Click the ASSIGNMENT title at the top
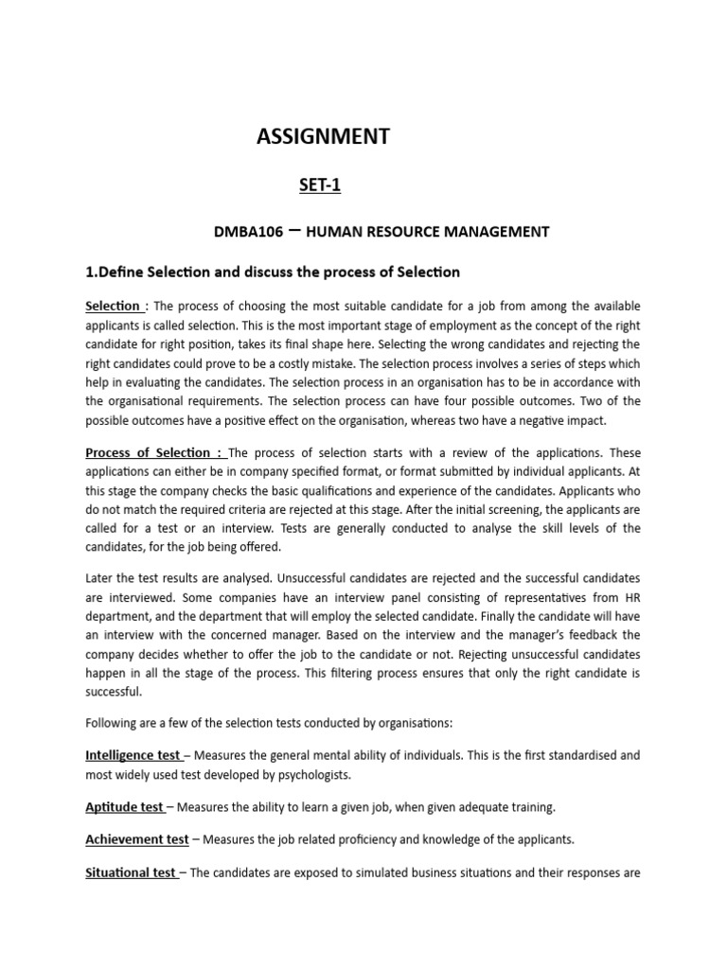[x=323, y=136]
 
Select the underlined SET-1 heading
[x=320, y=185]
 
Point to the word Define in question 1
[x=128, y=273]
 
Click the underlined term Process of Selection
[x=152, y=452]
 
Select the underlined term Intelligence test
[x=133, y=755]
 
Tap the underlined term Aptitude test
[x=124, y=807]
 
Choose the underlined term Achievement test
[x=136, y=839]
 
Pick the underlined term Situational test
[x=131, y=872]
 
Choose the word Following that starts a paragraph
[x=114, y=723]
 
